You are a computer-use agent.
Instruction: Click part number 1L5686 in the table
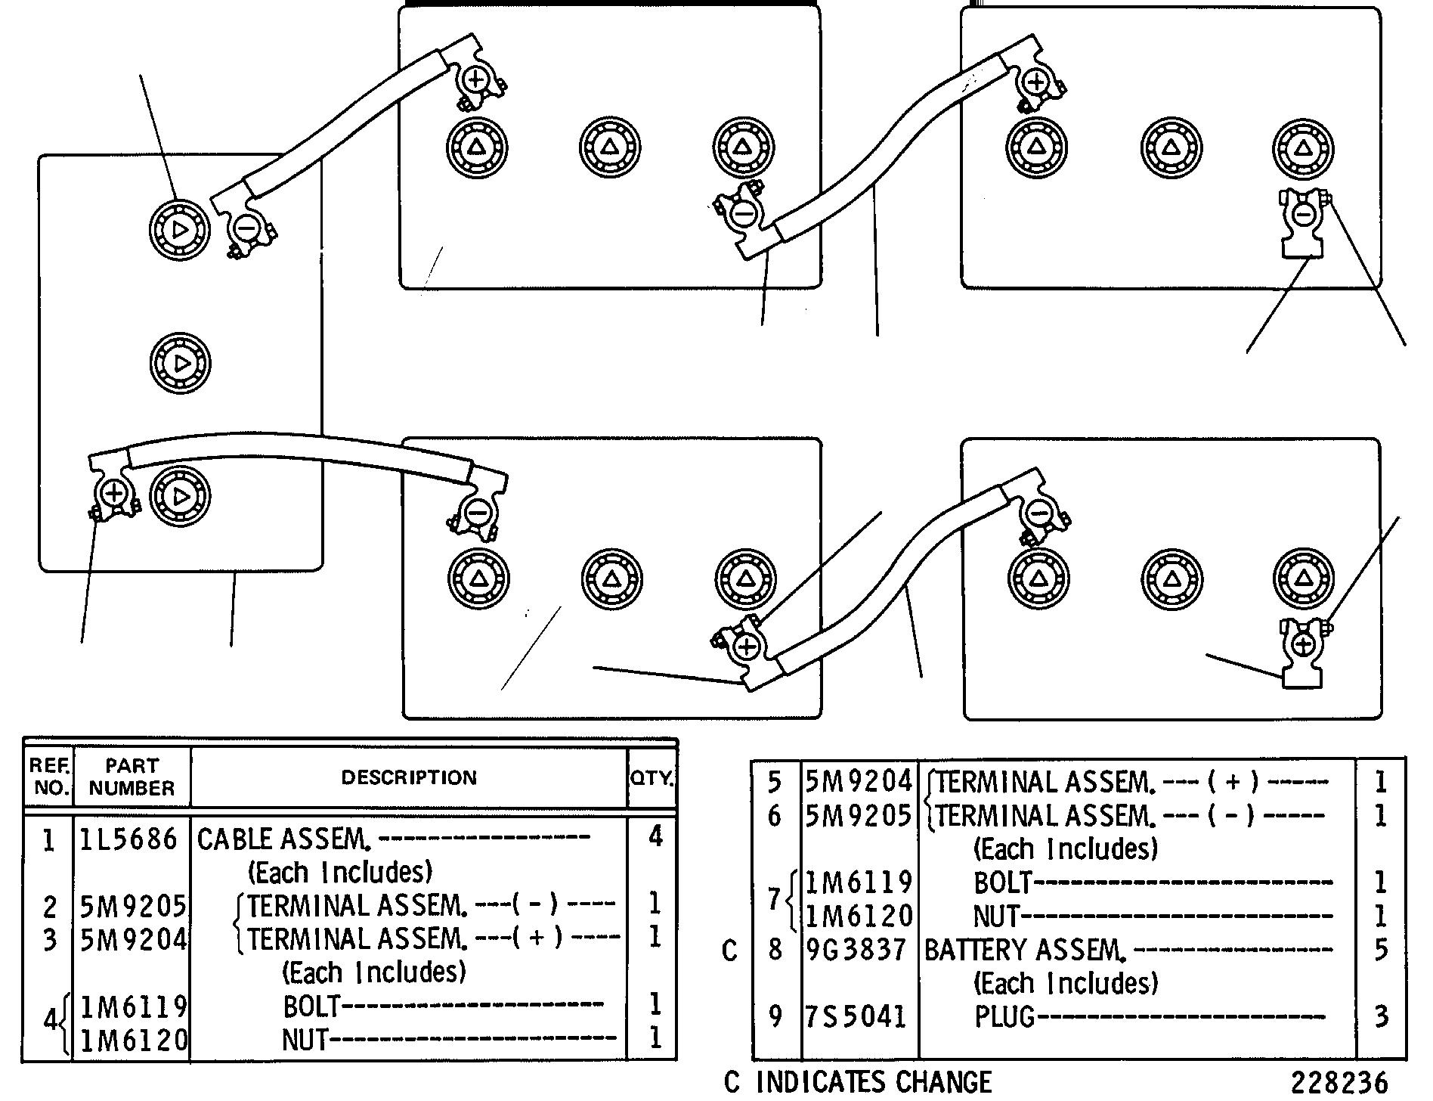pyautogui.click(x=128, y=839)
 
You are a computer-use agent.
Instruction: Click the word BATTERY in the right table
pyautogui.click(x=974, y=949)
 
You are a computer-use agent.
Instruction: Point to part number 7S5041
pyautogui.click(x=856, y=1016)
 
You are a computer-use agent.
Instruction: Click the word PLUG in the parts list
pyautogui.click(x=1004, y=1016)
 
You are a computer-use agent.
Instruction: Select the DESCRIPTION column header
pyautogui.click(x=409, y=777)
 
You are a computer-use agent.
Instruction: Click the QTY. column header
pyautogui.click(x=652, y=777)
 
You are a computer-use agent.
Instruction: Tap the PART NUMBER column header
pyautogui.click(x=132, y=777)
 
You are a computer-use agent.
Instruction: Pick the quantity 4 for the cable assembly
pyautogui.click(x=655, y=836)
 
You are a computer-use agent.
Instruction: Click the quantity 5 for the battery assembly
pyautogui.click(x=1381, y=949)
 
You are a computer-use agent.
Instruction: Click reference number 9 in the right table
pyautogui.click(x=775, y=1016)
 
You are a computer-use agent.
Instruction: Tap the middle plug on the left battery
pyautogui.click(x=181, y=364)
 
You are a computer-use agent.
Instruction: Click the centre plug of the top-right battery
pyautogui.click(x=1170, y=147)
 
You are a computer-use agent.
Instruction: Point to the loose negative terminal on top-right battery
pyautogui.click(x=1303, y=224)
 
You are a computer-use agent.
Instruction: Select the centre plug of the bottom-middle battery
pyautogui.click(x=611, y=580)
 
